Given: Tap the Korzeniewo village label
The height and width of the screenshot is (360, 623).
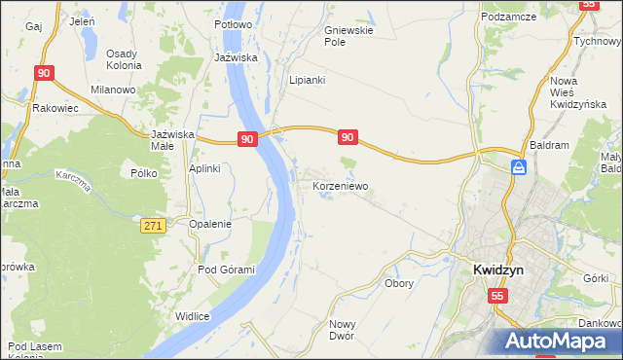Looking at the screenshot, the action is tap(340, 184).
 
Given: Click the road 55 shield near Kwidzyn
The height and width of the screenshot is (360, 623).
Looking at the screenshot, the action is tap(497, 295).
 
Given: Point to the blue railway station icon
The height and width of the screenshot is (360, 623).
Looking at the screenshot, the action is tap(519, 167).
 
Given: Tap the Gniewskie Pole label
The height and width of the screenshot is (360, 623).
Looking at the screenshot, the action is tap(348, 37).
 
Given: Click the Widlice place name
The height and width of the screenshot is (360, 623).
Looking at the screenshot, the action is tap(193, 316).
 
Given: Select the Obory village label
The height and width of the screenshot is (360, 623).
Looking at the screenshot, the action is tap(399, 284).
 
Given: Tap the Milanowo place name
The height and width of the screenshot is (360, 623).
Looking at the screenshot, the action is tap(112, 90).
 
